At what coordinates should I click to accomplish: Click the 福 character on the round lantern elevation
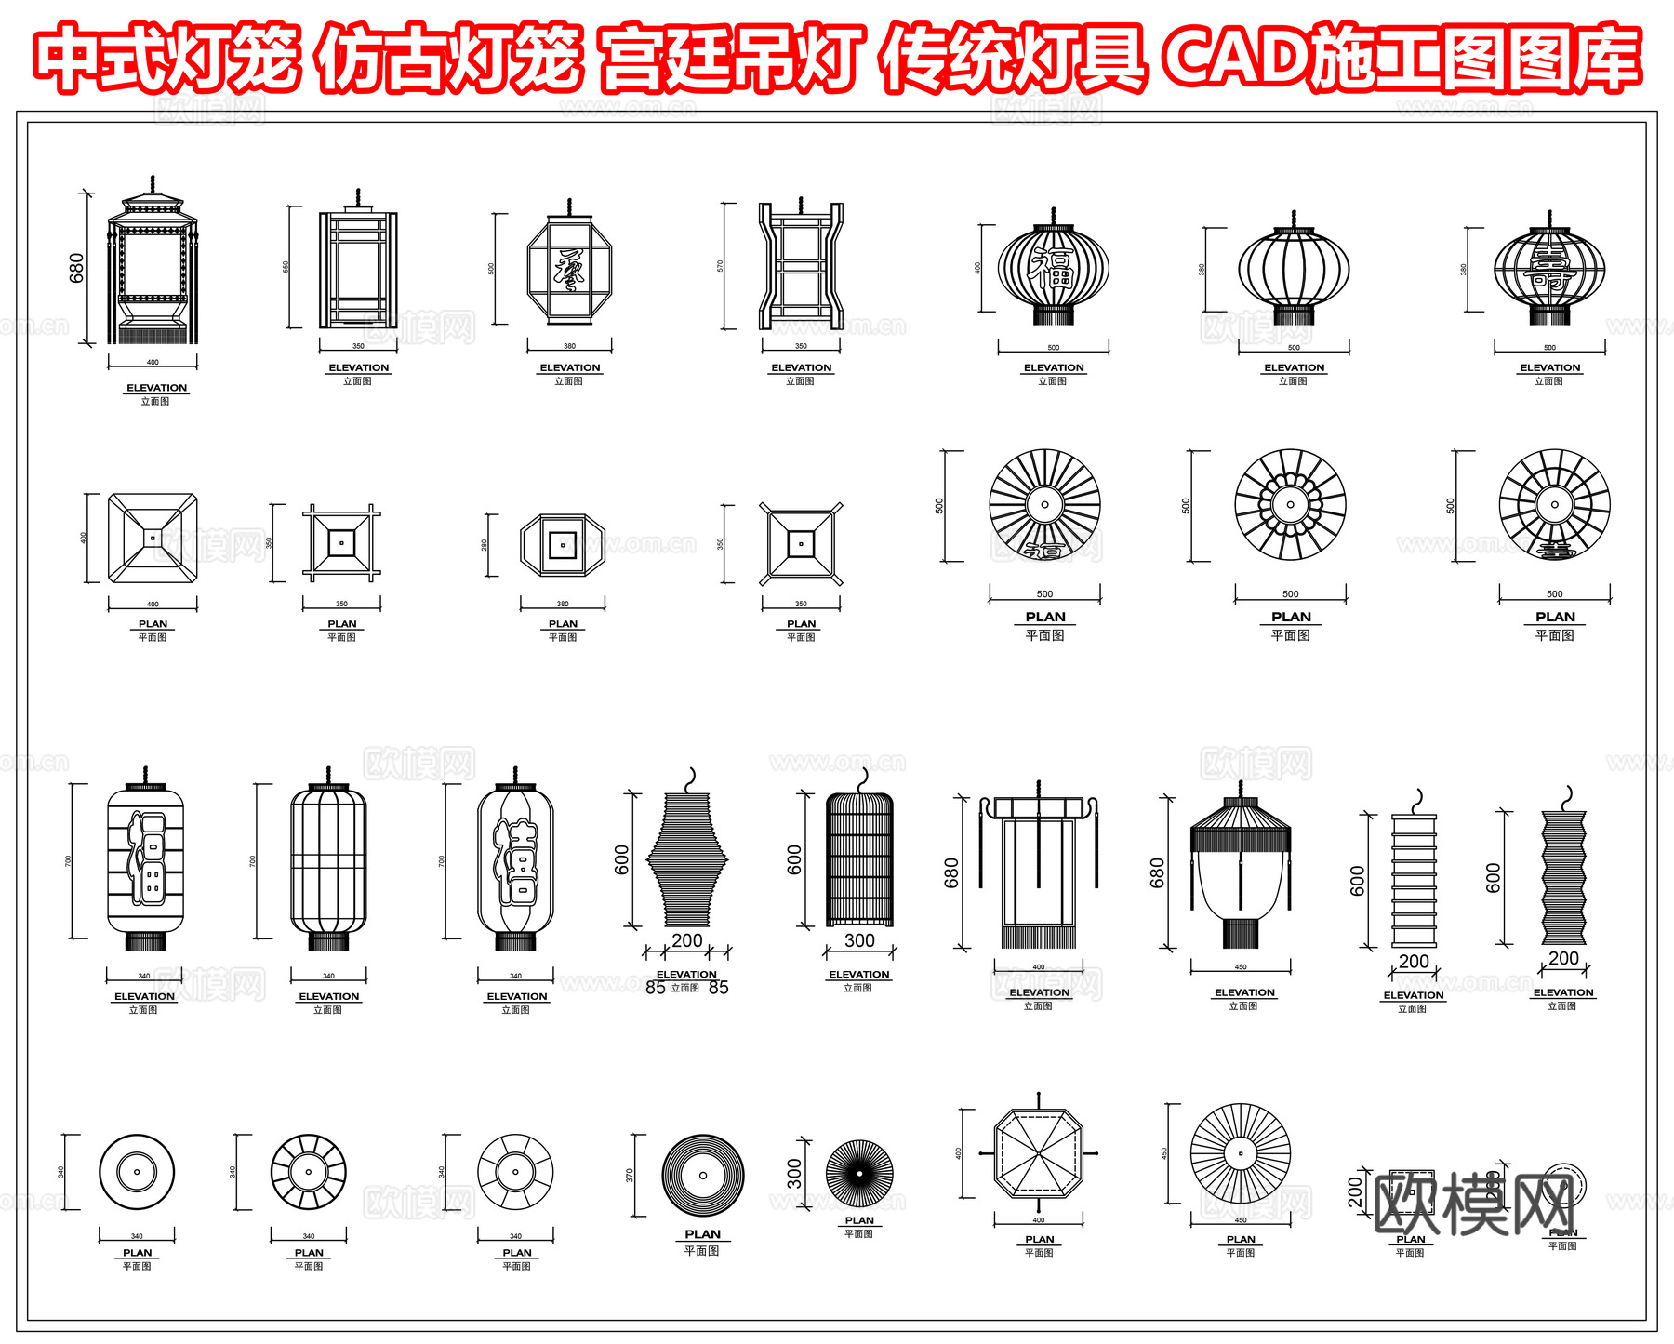click(x=1053, y=270)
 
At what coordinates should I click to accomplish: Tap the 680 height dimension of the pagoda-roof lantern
click(x=76, y=268)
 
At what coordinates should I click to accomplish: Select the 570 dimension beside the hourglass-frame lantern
click(x=720, y=266)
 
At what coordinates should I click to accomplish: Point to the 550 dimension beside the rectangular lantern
click(x=286, y=266)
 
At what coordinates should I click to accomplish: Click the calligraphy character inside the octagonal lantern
click(x=569, y=270)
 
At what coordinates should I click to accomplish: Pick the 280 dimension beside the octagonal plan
click(x=484, y=545)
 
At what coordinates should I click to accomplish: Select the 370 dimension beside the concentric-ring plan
click(x=630, y=1176)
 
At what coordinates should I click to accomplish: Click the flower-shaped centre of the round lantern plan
click(x=1290, y=505)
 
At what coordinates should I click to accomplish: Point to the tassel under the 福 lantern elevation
click(x=1053, y=316)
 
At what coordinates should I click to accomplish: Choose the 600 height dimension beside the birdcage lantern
click(x=794, y=859)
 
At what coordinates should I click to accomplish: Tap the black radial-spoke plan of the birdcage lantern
click(x=859, y=1174)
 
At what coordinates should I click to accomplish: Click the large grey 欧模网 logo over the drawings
click(x=1474, y=1204)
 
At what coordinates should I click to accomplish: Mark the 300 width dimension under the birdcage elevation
click(x=859, y=940)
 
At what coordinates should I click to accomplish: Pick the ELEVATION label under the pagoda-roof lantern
click(x=156, y=388)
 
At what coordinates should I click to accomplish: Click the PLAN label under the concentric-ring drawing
click(x=702, y=1234)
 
